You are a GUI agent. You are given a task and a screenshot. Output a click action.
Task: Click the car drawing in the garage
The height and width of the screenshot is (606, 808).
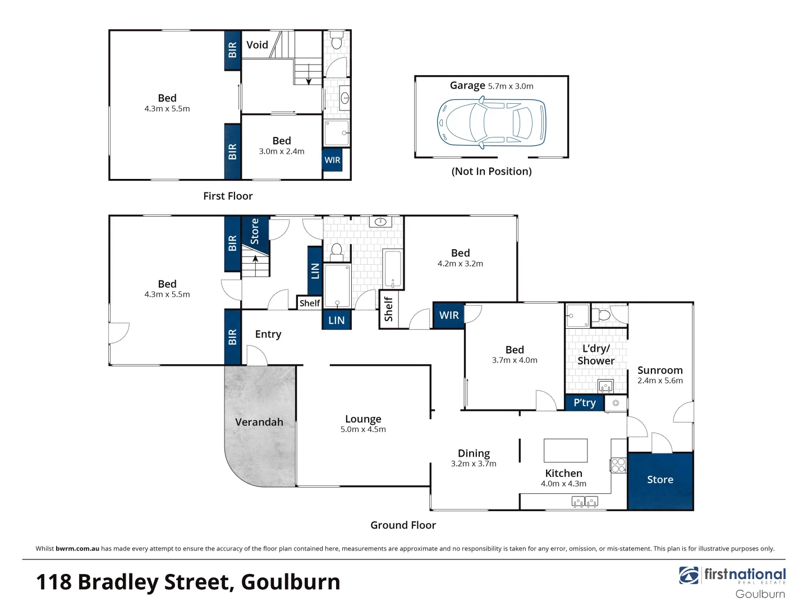(x=492, y=123)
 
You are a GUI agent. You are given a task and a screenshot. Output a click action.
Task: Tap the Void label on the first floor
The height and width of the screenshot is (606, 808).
(x=257, y=45)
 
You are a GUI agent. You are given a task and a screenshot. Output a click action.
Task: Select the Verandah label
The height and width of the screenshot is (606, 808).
(x=259, y=422)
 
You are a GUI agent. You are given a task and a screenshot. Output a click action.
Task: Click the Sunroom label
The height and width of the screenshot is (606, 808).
(x=660, y=370)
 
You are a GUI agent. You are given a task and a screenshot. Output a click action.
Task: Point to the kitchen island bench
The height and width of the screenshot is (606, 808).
(x=565, y=451)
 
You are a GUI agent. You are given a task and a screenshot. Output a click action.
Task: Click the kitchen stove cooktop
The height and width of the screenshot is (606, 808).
(x=618, y=465)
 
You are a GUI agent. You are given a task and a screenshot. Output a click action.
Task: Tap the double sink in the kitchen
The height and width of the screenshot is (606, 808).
(x=584, y=502)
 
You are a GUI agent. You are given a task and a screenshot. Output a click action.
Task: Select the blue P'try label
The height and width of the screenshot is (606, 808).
(x=584, y=403)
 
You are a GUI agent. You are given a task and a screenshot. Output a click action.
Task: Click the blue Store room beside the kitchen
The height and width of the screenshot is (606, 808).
(x=660, y=480)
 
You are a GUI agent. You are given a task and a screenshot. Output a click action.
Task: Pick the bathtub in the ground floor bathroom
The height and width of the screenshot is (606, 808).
(x=393, y=269)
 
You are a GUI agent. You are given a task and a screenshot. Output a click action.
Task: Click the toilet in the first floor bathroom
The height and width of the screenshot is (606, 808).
(x=337, y=41)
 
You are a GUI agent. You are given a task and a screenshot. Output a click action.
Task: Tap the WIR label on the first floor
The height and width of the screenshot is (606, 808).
(x=332, y=160)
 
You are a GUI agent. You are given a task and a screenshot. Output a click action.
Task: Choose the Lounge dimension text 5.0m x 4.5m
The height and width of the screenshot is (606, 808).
(x=363, y=430)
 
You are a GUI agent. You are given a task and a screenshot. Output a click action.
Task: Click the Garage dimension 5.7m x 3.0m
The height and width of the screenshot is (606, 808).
(x=511, y=86)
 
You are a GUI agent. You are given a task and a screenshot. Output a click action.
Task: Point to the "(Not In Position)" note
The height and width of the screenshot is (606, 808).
(x=492, y=172)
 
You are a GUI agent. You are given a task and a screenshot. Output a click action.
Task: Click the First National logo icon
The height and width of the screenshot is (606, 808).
(x=688, y=576)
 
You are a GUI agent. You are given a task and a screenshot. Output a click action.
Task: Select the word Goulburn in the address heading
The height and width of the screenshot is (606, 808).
(x=291, y=582)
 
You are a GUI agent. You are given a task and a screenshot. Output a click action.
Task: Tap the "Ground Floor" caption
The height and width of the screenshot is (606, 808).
(x=403, y=525)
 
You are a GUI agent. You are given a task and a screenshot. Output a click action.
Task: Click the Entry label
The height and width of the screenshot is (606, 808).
(x=268, y=334)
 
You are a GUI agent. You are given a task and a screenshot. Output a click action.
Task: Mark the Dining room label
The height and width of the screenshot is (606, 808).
(x=474, y=453)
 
